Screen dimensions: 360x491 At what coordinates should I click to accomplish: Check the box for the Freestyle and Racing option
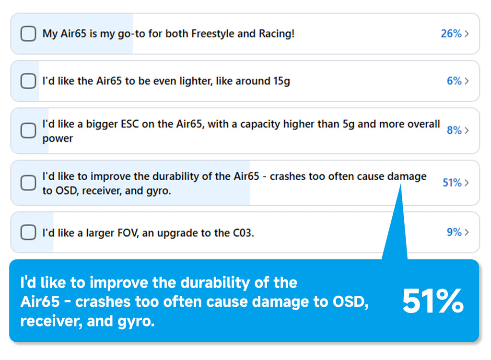(x=28, y=34)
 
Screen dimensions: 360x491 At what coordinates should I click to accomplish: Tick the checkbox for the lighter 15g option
(x=28, y=81)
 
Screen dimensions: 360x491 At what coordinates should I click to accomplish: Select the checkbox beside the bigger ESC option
(x=28, y=131)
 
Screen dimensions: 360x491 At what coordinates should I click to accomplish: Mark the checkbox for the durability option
(x=28, y=183)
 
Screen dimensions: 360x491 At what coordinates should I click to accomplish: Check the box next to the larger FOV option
(x=28, y=232)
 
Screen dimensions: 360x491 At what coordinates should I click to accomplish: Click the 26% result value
(x=451, y=34)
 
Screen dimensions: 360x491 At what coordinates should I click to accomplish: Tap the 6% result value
(x=454, y=81)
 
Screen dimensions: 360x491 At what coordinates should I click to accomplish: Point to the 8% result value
(x=454, y=130)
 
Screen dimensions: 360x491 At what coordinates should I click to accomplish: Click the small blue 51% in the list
(x=452, y=183)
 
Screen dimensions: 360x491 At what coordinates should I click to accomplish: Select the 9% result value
(x=454, y=232)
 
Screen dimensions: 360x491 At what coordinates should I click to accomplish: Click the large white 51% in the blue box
(x=433, y=302)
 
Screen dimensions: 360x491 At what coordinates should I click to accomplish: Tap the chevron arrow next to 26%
(x=467, y=34)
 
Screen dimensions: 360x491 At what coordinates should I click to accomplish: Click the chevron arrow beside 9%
(x=467, y=232)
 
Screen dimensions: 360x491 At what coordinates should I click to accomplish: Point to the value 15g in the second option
(x=280, y=81)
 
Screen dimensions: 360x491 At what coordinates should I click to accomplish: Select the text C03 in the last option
(x=243, y=233)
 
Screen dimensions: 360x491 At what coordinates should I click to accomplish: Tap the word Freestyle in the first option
(x=211, y=34)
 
